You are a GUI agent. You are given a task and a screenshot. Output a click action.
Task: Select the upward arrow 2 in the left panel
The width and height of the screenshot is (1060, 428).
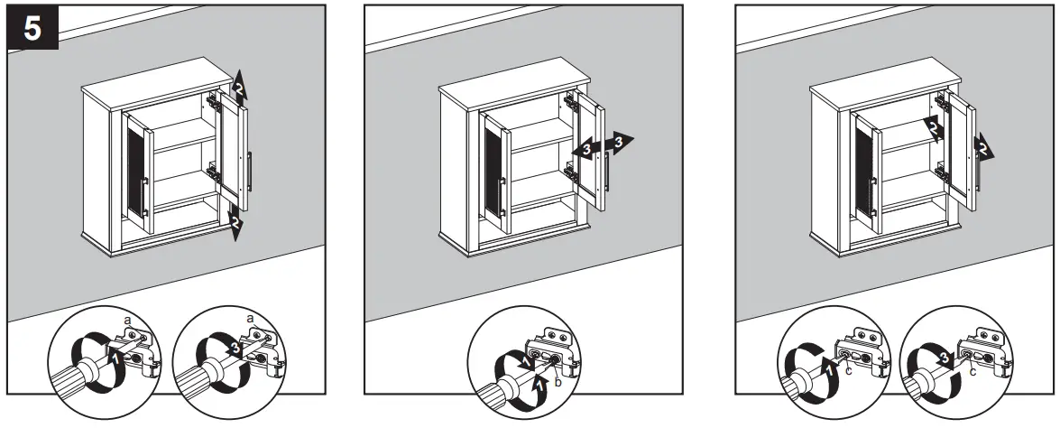238,87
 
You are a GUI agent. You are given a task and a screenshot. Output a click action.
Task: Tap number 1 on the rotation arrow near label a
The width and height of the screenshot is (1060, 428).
115,357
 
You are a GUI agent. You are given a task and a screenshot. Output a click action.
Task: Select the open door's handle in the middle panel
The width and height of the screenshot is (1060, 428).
613,172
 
